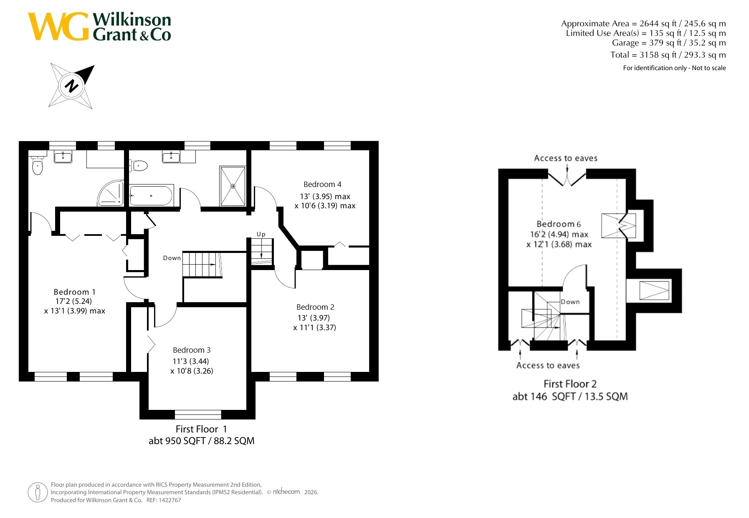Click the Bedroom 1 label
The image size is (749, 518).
(74, 292)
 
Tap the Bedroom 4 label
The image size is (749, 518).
(322, 184)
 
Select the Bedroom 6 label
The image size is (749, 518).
(559, 224)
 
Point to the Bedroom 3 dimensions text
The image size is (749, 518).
(192, 366)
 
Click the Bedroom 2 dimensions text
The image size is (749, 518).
(314, 323)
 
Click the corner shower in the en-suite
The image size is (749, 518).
(111, 193)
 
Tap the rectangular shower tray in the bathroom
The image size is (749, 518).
(233, 186)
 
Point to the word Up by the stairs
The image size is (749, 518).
(261, 234)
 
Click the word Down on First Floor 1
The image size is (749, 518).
(172, 258)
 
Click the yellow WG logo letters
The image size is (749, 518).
(58, 26)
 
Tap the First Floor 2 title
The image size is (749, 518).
(570, 384)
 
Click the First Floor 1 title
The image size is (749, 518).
(201, 429)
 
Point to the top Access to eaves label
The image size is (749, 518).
(566, 158)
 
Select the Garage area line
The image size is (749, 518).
(669, 43)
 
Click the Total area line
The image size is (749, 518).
(668, 55)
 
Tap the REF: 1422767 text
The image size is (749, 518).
(164, 500)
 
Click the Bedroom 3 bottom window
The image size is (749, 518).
(198, 414)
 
